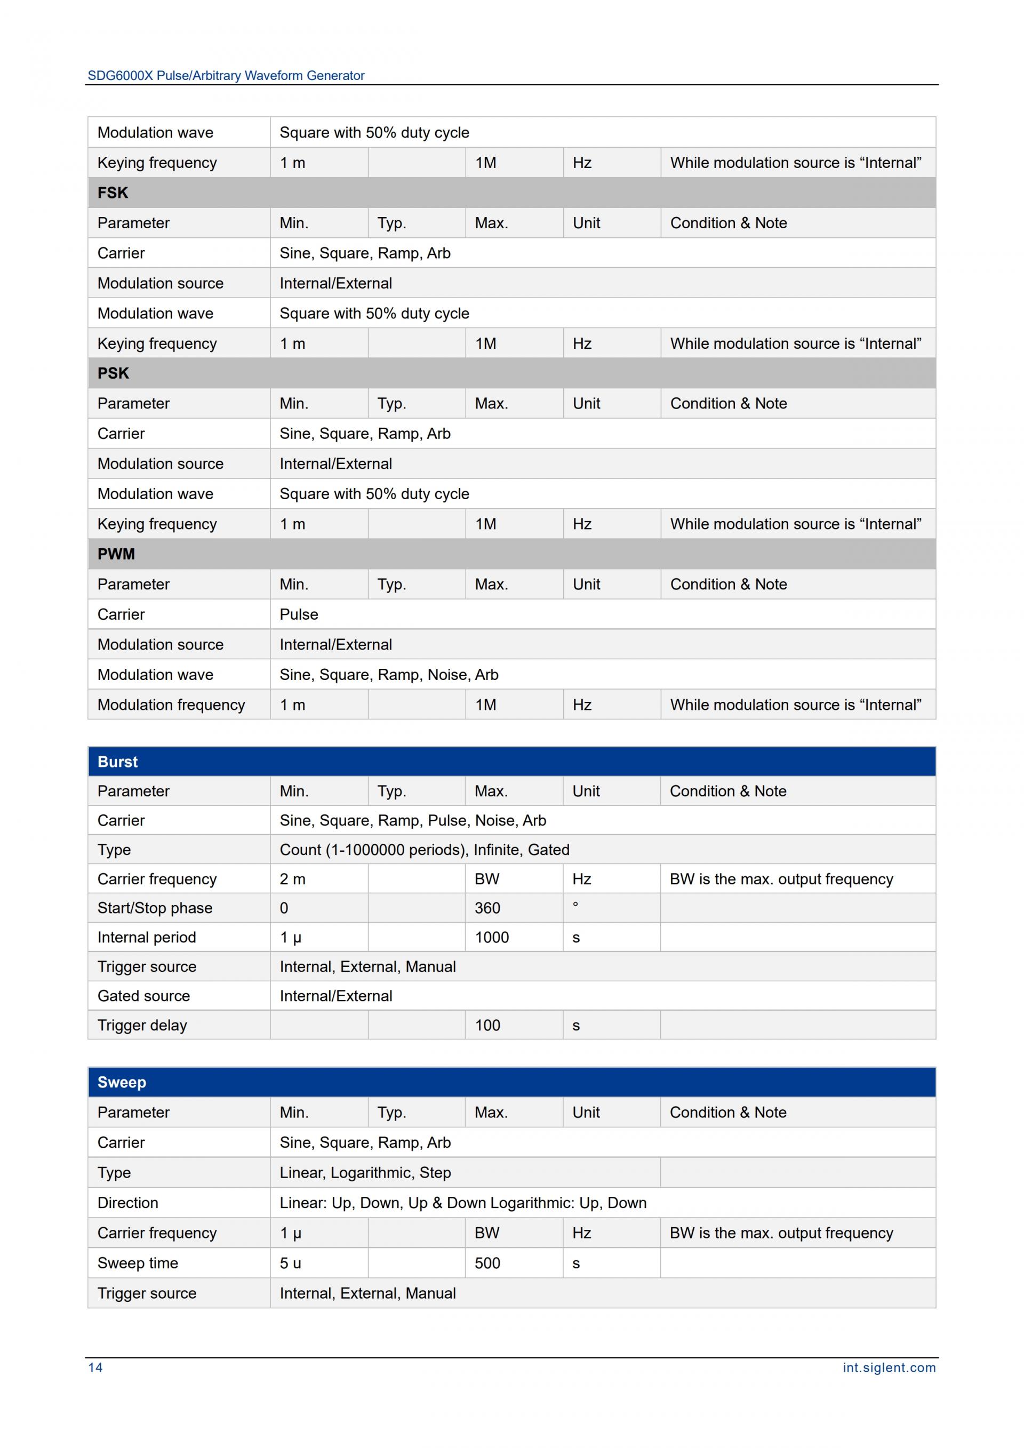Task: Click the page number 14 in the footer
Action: [95, 1367]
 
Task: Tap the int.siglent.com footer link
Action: [889, 1367]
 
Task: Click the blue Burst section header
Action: [118, 761]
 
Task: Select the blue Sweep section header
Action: [122, 1082]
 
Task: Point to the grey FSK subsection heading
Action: [113, 193]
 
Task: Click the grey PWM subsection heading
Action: [116, 554]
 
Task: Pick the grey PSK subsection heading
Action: [114, 373]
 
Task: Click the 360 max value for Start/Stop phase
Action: [487, 908]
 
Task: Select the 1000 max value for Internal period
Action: [492, 937]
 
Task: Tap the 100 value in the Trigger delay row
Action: [487, 1025]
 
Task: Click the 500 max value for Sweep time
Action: [487, 1263]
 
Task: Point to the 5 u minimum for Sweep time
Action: [291, 1263]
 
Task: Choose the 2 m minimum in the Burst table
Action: [293, 879]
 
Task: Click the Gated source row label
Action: [144, 996]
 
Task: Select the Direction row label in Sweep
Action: [128, 1203]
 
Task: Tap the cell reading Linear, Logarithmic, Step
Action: [366, 1172]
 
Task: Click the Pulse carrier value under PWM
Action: [299, 614]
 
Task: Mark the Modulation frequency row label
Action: [171, 705]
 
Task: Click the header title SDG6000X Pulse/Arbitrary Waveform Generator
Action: [226, 76]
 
